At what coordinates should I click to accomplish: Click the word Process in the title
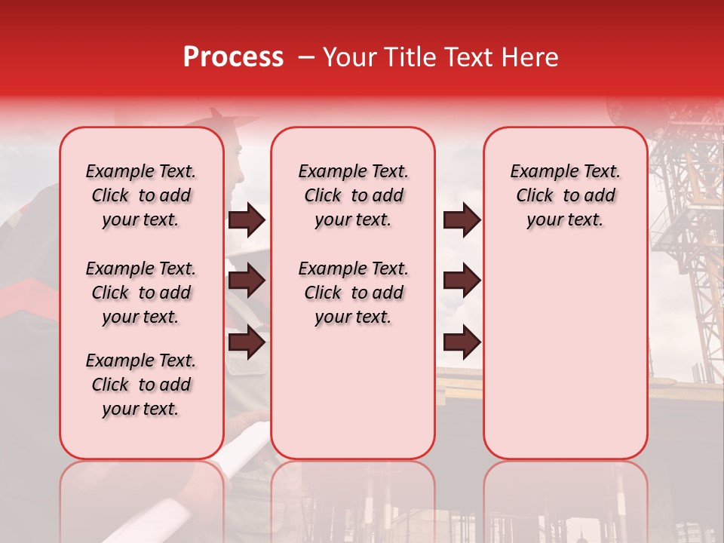[x=233, y=57]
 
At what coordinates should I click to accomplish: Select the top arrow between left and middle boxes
[x=247, y=220]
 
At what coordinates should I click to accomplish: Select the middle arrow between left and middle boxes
[x=247, y=281]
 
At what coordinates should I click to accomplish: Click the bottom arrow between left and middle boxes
[x=247, y=342]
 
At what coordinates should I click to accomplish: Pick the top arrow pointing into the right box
[x=462, y=220]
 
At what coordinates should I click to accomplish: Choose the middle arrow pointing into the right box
[x=462, y=281]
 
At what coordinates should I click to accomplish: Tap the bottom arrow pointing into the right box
[x=462, y=342]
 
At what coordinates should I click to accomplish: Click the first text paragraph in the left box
[x=141, y=195]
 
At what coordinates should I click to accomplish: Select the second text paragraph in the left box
[x=141, y=293]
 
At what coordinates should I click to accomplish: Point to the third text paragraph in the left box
[x=141, y=385]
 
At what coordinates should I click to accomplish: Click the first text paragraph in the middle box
[x=353, y=195]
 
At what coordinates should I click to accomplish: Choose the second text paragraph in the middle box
[x=353, y=293]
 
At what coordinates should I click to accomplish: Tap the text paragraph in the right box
[x=565, y=195]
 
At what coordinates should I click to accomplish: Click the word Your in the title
[x=349, y=57]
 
